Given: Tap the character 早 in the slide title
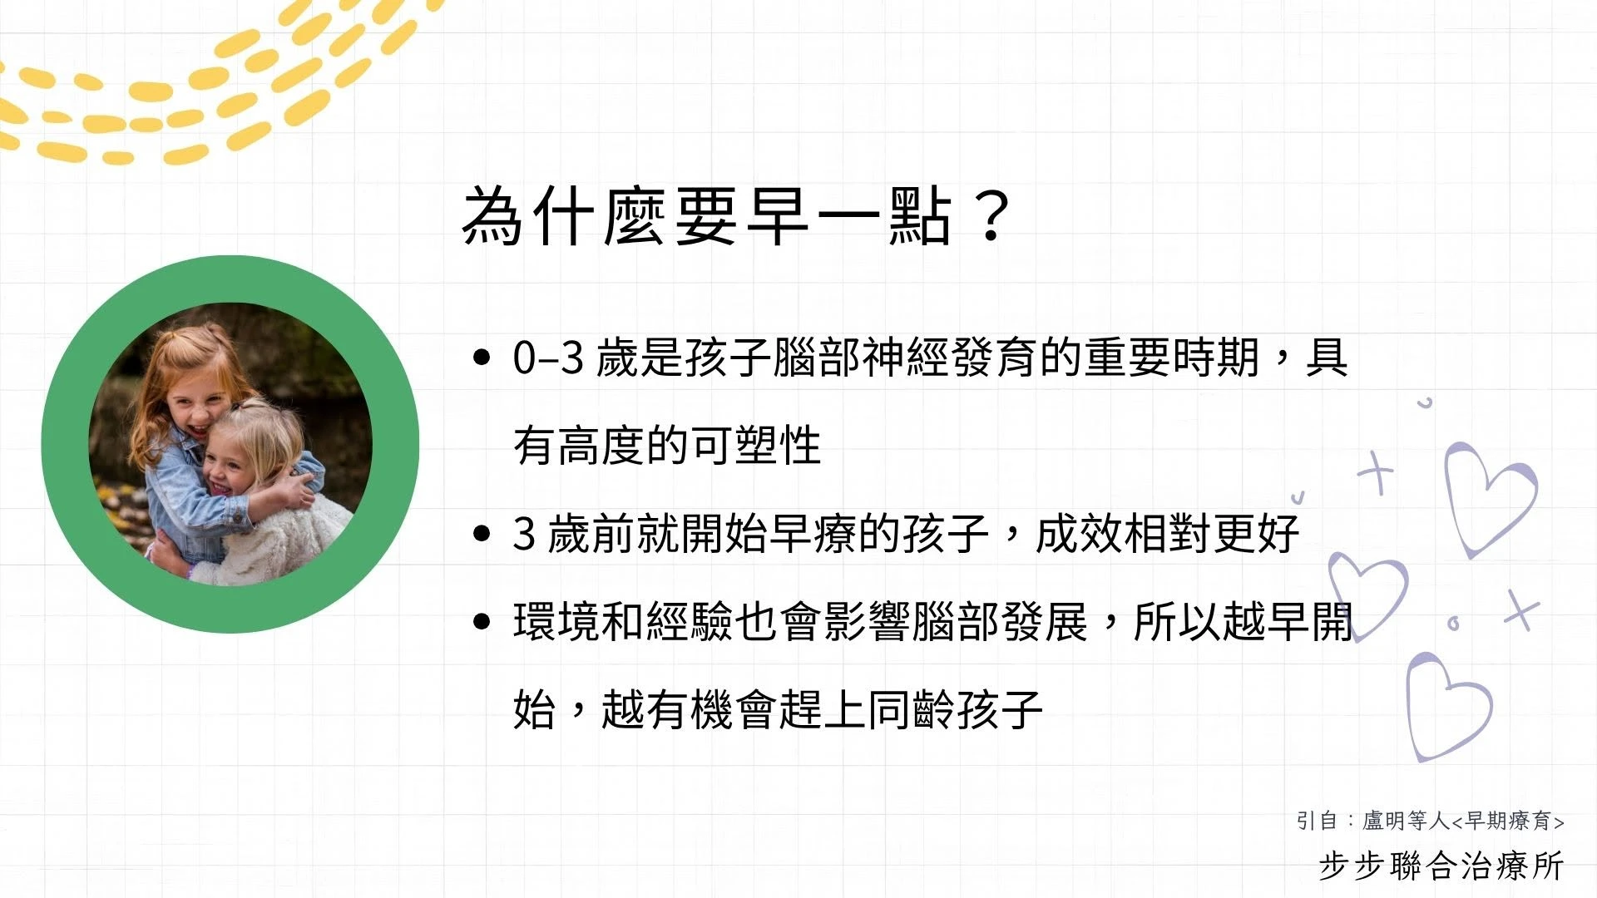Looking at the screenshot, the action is (778, 216).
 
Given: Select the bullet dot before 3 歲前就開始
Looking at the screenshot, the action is (481, 534).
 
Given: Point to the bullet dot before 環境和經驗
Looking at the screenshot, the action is (481, 622).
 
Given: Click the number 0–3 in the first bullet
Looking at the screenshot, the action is (548, 358).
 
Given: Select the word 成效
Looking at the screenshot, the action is (1079, 534).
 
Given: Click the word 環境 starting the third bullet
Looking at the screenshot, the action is (556, 622).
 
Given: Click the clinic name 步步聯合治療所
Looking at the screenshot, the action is (1441, 866).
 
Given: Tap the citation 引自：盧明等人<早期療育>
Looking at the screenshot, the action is (1431, 821).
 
